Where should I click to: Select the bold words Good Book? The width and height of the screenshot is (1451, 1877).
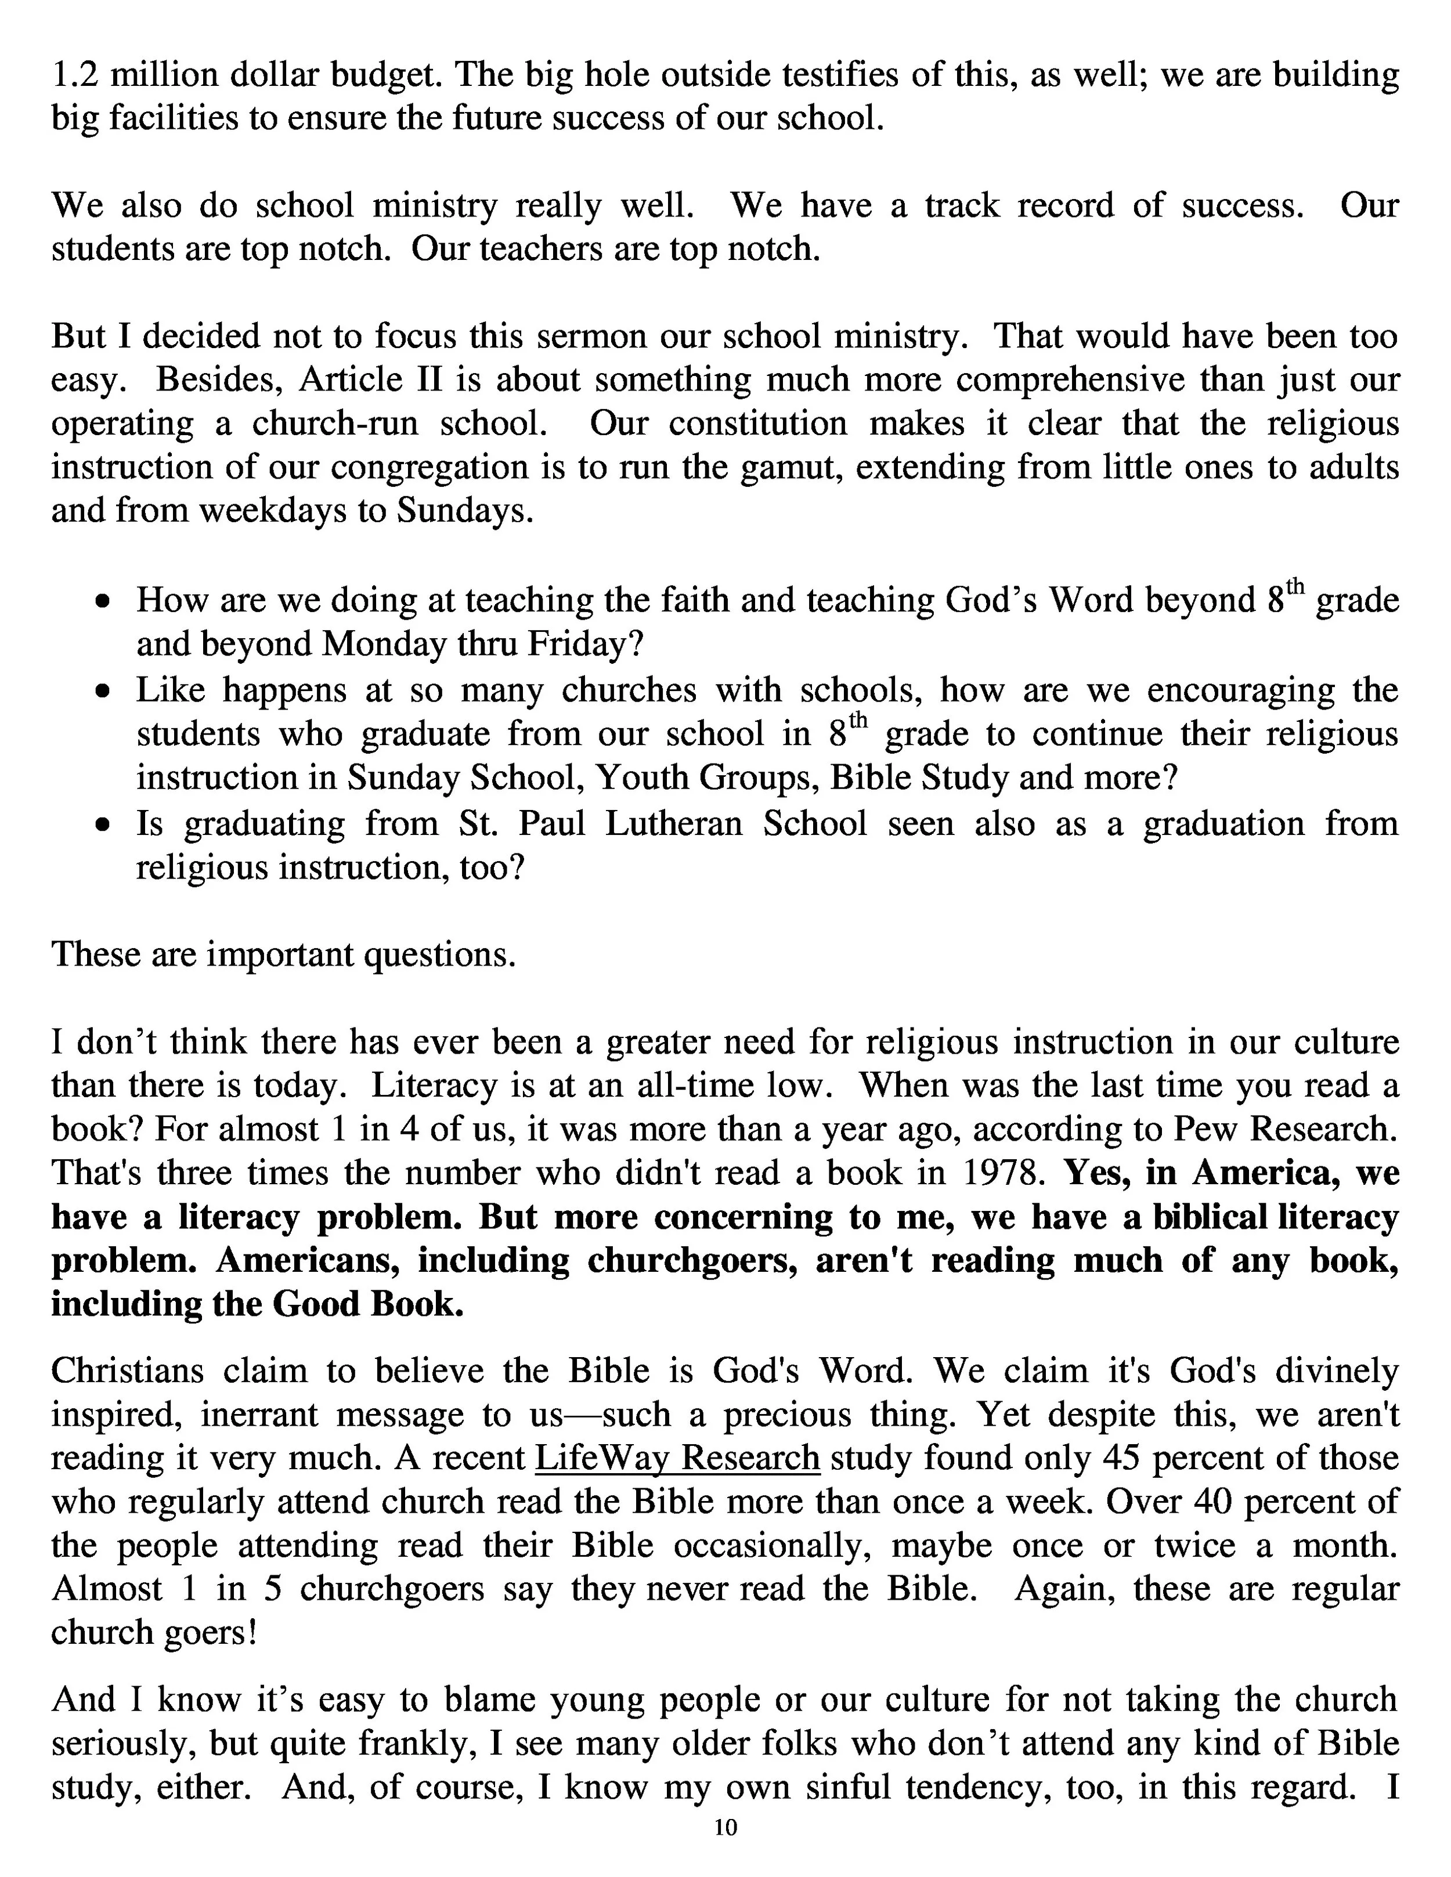tap(368, 1305)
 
